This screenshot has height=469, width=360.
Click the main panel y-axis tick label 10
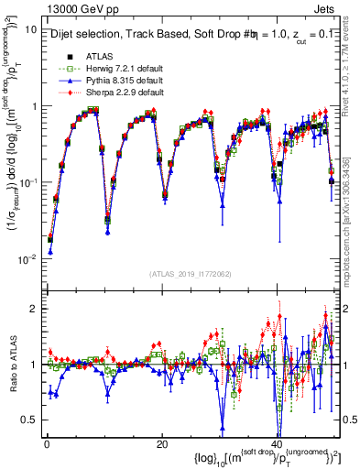30,29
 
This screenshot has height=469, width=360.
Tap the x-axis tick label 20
161,443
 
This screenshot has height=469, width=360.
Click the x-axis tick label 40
277,443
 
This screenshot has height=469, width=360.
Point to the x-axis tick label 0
46,443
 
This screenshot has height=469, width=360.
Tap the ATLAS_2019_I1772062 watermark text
190,274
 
